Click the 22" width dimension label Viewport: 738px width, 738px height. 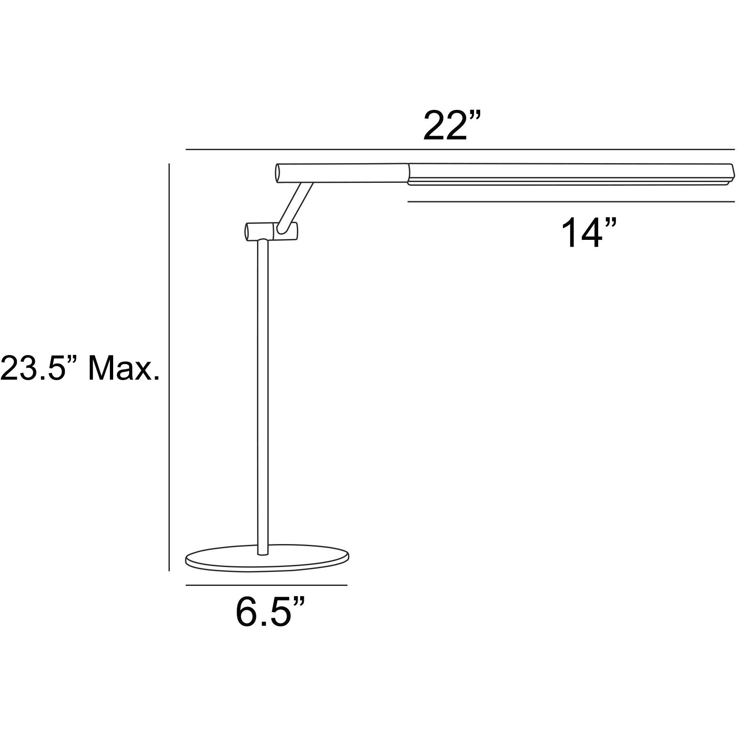[x=451, y=125]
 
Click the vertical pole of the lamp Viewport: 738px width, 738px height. [x=262, y=394]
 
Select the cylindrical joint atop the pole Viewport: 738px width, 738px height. [x=271, y=232]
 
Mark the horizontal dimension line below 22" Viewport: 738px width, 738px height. [x=459, y=150]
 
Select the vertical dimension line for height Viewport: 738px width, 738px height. [x=169, y=367]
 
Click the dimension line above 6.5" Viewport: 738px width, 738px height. [x=266, y=585]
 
